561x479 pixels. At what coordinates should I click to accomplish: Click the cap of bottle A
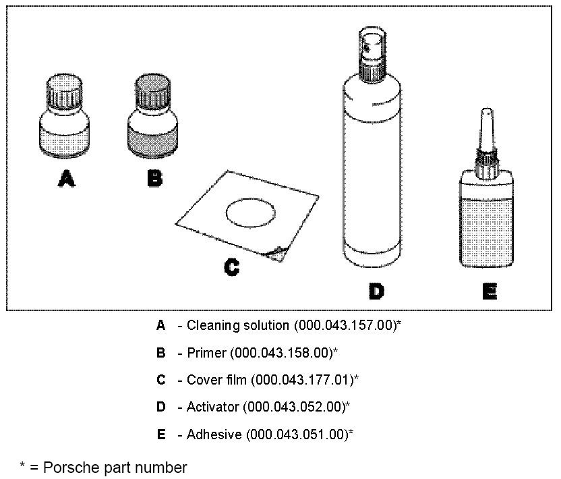point(65,92)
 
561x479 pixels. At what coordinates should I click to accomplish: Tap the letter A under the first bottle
point(65,179)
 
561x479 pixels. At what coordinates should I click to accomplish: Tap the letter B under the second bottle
point(154,179)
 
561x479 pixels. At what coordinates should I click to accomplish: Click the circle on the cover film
point(249,214)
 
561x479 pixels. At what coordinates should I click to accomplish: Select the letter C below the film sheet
point(231,268)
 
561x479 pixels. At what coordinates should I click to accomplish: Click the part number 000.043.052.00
point(294,407)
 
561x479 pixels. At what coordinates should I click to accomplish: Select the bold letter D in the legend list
point(160,407)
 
